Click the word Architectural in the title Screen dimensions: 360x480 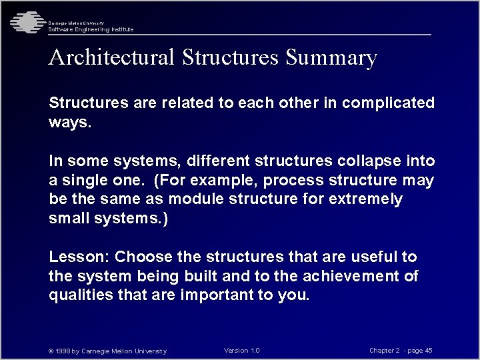pyautogui.click(x=111, y=58)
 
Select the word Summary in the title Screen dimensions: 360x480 pyautogui.click(x=331, y=58)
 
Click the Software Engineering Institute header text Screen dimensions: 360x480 pyautogui.click(x=91, y=29)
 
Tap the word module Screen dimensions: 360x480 pyautogui.click(x=197, y=199)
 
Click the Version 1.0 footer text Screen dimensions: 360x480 pyautogui.click(x=242, y=351)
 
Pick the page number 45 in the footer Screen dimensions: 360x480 pyautogui.click(x=428, y=351)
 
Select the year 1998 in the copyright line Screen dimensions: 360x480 pyautogui.click(x=64, y=351)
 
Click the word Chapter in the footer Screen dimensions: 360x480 pyautogui.click(x=383, y=351)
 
